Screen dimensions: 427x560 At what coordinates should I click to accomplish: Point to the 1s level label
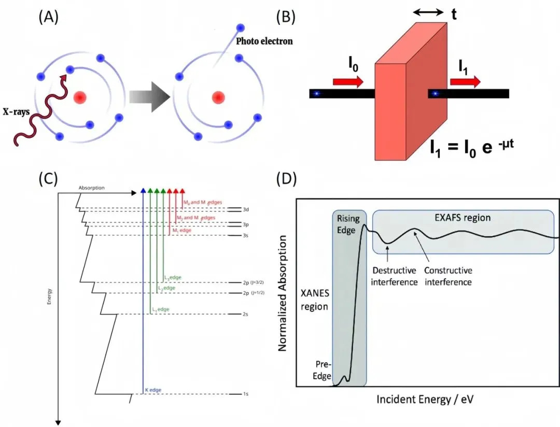pyautogui.click(x=246, y=394)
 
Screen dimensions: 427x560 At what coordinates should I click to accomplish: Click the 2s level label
pyautogui.click(x=246, y=314)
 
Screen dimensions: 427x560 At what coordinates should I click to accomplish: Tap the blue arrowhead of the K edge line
pyautogui.click(x=143, y=191)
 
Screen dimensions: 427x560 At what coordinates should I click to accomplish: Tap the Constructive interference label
pyautogui.click(x=448, y=276)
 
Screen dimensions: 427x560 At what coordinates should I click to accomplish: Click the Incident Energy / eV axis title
pyautogui.click(x=427, y=400)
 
